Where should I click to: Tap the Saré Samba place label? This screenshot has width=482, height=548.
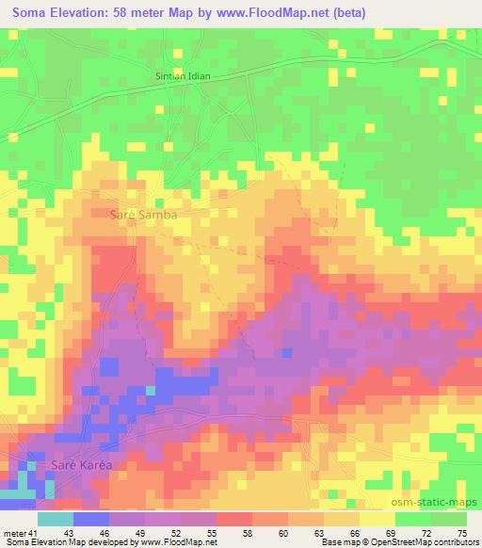[143, 215]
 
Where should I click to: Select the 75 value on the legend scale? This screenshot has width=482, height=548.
[461, 533]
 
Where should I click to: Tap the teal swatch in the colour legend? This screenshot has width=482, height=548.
[56, 519]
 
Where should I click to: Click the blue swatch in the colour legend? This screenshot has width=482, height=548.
[91, 519]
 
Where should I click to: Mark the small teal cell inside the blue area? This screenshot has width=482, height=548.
[151, 390]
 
